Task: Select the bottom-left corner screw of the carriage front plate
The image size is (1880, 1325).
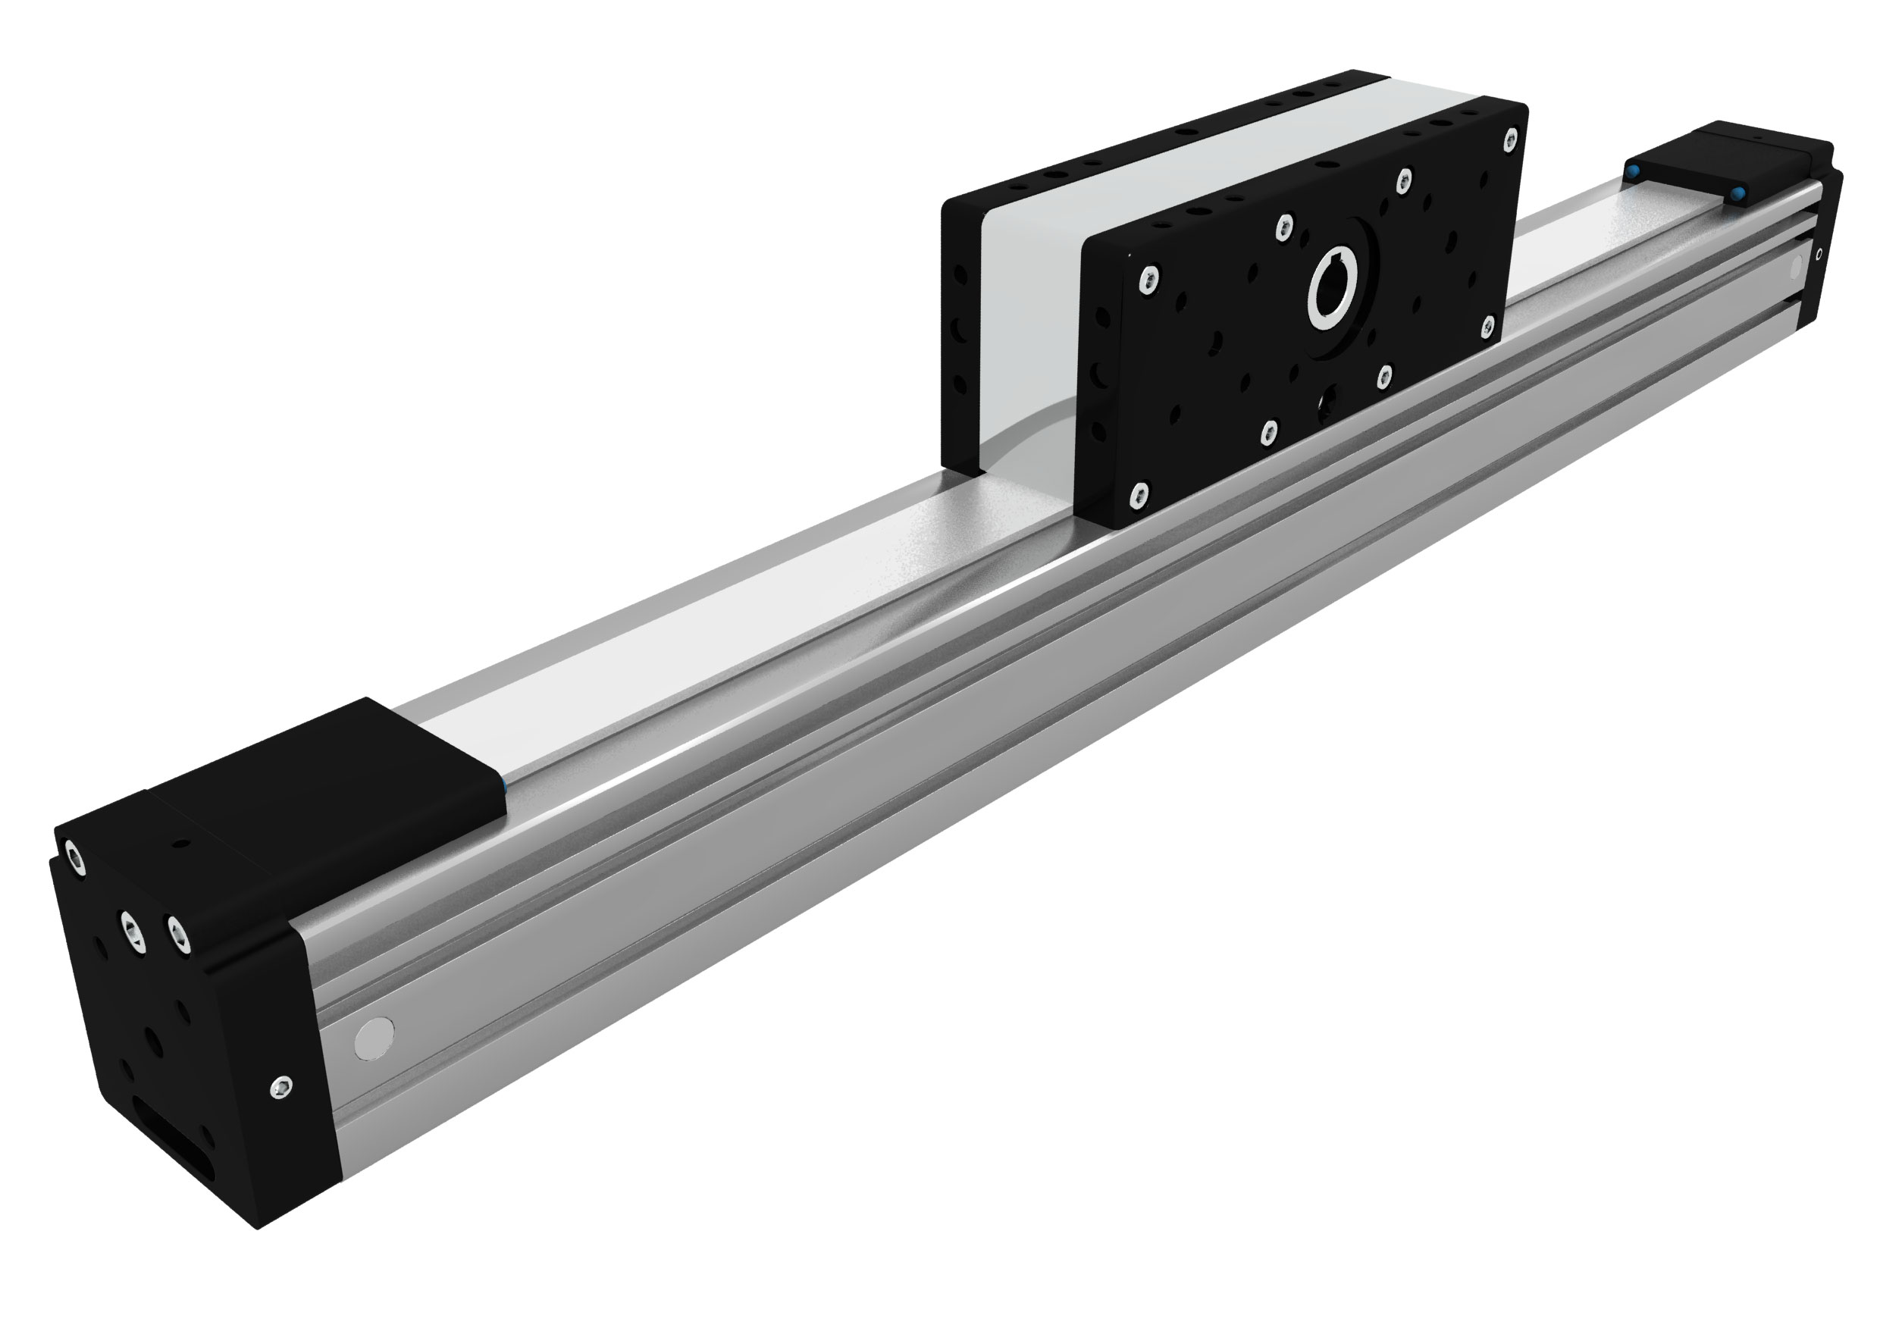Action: (x=1138, y=492)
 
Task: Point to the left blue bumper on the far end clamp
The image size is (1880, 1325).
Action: (x=1632, y=172)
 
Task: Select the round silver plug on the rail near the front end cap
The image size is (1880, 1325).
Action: (x=374, y=1038)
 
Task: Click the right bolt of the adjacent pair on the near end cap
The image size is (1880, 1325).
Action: (x=177, y=935)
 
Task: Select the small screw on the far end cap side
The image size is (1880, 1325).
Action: (x=1819, y=255)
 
